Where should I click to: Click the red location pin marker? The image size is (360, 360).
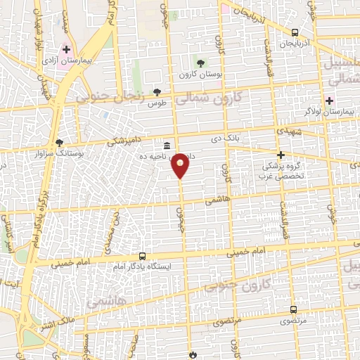[x=181, y=165]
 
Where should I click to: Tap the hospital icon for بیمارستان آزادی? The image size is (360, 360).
[x=66, y=50]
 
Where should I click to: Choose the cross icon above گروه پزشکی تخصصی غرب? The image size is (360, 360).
[x=281, y=155]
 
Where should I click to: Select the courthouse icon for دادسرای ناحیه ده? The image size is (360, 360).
[x=166, y=145]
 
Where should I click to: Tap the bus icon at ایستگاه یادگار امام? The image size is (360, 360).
[x=143, y=257]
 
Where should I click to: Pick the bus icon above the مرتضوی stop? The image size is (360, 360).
[x=293, y=309]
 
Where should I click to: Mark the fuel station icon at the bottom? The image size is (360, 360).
[x=191, y=354]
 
